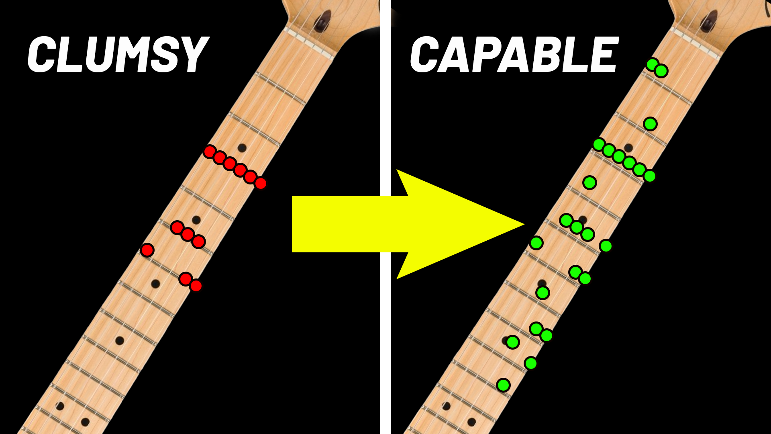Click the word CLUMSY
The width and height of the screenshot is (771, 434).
(x=117, y=55)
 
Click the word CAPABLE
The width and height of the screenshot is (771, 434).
(x=514, y=55)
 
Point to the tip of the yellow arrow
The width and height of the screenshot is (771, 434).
(x=523, y=224)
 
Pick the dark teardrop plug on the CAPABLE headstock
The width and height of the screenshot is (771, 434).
(x=709, y=21)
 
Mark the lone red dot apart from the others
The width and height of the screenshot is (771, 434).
(x=147, y=250)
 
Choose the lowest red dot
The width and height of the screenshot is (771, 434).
(x=196, y=286)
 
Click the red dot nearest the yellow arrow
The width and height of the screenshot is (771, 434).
(x=261, y=183)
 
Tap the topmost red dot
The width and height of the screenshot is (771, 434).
(x=209, y=151)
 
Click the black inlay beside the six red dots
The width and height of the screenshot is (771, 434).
(x=242, y=148)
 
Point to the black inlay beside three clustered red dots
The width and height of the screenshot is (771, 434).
(x=196, y=220)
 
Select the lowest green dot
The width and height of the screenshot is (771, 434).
(x=503, y=385)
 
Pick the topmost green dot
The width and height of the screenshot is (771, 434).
(x=652, y=64)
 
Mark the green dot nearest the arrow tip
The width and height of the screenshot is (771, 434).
(x=536, y=243)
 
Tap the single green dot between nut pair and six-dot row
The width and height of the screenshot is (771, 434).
(x=650, y=124)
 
